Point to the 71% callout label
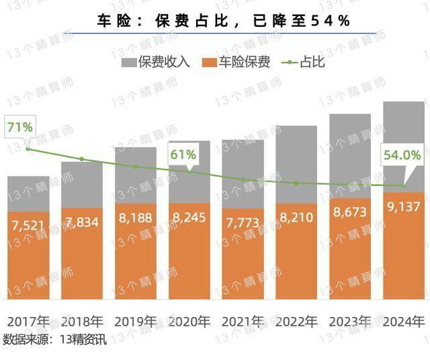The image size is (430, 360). point(19,126)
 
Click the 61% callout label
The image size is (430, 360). point(183,154)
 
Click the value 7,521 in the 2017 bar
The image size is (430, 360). point(28,224)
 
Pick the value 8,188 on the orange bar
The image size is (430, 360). point(136,218)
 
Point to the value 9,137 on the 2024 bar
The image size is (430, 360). point(404,206)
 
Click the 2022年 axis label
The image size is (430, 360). point(296,321)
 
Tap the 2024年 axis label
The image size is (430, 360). point(404,321)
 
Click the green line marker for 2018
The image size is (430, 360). point(82,159)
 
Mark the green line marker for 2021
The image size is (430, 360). point(243,179)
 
